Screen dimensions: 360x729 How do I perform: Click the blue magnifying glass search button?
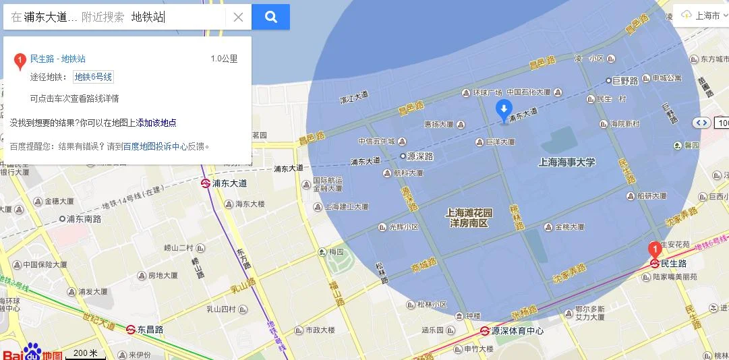(x=270, y=17)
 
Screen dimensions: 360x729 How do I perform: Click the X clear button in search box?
(x=238, y=18)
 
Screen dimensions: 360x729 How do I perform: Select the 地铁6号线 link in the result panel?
(x=93, y=77)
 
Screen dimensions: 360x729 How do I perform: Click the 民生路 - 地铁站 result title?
(x=58, y=59)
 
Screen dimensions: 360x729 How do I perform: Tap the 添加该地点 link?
(x=156, y=123)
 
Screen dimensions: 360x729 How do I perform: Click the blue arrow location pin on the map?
(x=503, y=110)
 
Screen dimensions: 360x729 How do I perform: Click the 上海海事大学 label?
(x=566, y=162)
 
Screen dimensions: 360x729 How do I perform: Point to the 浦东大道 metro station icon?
(x=204, y=183)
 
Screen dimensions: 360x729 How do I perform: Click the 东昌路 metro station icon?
(x=131, y=330)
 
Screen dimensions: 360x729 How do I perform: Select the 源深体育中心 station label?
(x=517, y=331)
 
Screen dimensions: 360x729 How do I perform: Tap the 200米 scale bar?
(x=86, y=353)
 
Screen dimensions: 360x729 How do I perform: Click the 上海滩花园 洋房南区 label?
(x=469, y=217)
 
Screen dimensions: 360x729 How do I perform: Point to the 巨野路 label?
(x=624, y=80)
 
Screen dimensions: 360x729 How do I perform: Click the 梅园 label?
(x=336, y=251)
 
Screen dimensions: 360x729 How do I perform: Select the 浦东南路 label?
(x=84, y=218)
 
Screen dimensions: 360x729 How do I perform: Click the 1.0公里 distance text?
(x=224, y=59)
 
